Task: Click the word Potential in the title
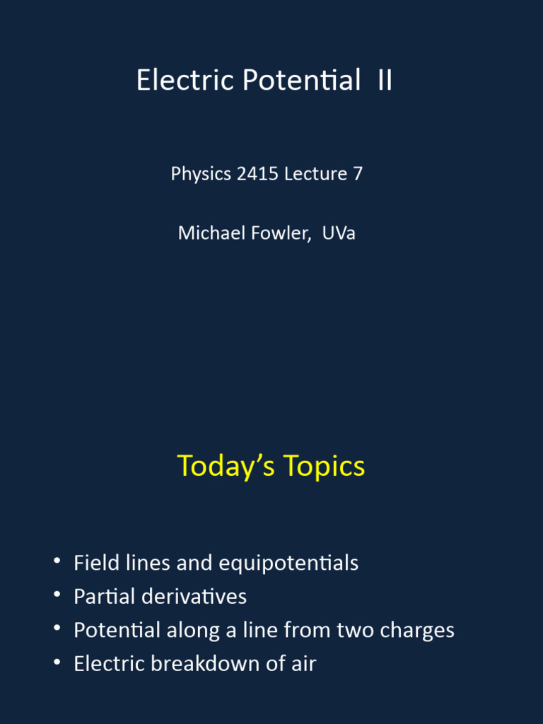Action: click(301, 81)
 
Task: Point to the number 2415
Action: click(258, 173)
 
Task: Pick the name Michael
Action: click(209, 233)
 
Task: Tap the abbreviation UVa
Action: click(339, 233)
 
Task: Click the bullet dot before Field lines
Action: click(57, 562)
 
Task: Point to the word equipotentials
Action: click(288, 564)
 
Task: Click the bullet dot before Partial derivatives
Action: click(57, 595)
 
